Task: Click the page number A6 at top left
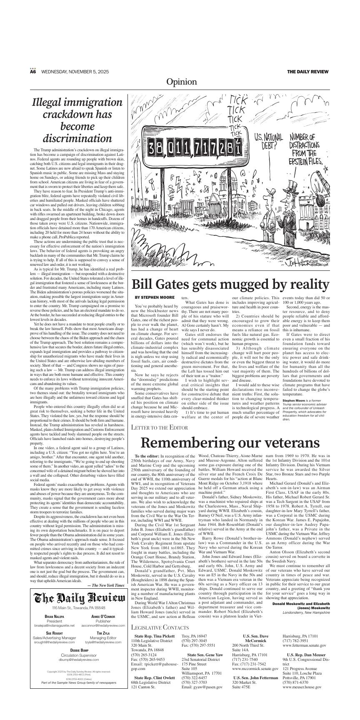coord(33,72)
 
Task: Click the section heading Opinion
coord(181,82)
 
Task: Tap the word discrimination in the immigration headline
coord(77,138)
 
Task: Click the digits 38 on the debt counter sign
coord(158,147)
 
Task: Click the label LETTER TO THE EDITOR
coord(159,427)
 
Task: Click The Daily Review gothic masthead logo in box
coord(77,598)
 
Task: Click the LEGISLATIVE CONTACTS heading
coord(160,639)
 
